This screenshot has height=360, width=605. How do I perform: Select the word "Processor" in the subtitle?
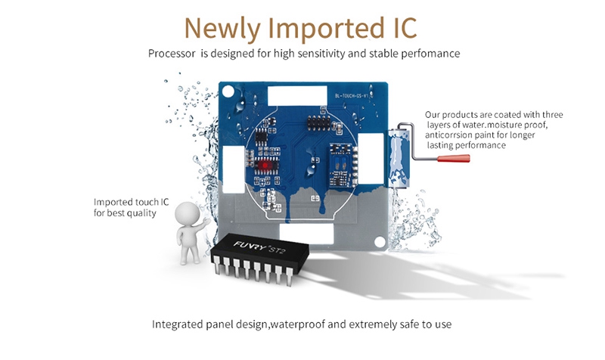[172, 54]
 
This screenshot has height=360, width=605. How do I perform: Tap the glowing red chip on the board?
[265, 163]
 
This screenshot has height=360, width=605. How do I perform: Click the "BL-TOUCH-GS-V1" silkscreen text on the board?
[351, 96]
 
